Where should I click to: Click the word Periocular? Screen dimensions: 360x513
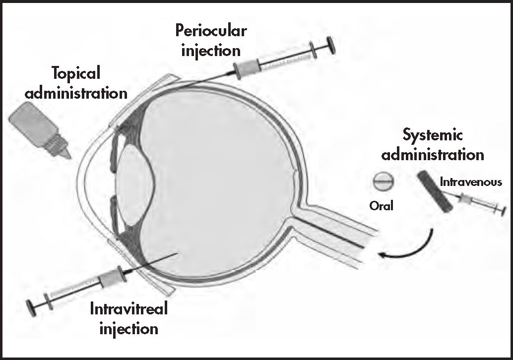click(211, 32)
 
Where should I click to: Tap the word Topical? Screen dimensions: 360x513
click(76, 73)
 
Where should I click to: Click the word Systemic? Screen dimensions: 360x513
click(433, 135)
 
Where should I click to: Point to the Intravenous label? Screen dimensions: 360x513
click(471, 182)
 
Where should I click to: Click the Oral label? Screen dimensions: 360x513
click(381, 205)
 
